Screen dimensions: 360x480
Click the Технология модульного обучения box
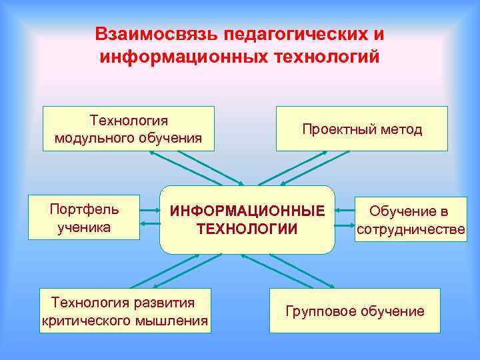[129, 129]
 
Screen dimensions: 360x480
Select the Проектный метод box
[362, 129]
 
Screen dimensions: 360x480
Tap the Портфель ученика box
[84, 217]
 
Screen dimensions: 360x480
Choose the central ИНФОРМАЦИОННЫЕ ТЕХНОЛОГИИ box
[247, 220]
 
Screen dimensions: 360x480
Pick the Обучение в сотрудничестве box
[411, 220]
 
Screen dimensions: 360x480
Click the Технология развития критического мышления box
[125, 311]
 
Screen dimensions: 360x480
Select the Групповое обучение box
[355, 311]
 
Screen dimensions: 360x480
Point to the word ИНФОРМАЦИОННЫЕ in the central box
[247, 211]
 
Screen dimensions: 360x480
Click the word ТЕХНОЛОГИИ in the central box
[247, 229]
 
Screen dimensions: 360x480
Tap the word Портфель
[84, 209]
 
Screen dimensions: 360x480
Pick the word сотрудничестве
[411, 230]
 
